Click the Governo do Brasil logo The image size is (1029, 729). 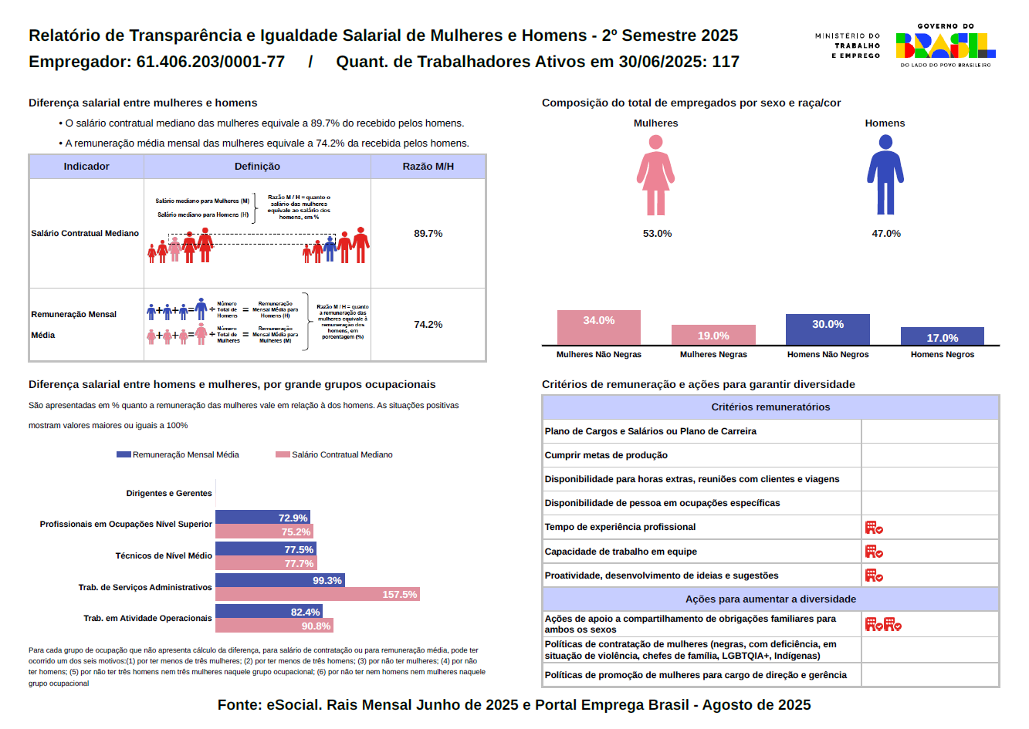point(945,46)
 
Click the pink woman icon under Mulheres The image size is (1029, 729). point(655,176)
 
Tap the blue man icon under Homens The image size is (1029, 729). point(885,176)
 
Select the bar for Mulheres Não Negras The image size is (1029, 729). point(599,328)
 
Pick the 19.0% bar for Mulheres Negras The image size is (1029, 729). point(713,336)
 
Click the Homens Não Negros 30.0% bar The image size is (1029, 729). point(828,329)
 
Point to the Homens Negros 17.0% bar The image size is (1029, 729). point(942,336)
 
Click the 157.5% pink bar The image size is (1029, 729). point(317,595)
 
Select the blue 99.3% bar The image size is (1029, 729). point(279,580)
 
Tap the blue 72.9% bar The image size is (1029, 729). point(262,518)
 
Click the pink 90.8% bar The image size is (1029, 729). point(274,626)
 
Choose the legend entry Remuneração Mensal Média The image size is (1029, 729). point(178,455)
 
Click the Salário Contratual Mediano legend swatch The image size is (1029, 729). point(283,455)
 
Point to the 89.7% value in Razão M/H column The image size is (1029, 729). point(428,234)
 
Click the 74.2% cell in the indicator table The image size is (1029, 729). point(428,325)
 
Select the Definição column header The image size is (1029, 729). point(257,167)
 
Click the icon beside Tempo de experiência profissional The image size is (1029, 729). point(874,528)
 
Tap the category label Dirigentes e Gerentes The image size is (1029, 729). point(169,494)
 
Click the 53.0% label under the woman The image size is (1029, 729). point(657,234)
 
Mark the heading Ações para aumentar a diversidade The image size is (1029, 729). point(770,599)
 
